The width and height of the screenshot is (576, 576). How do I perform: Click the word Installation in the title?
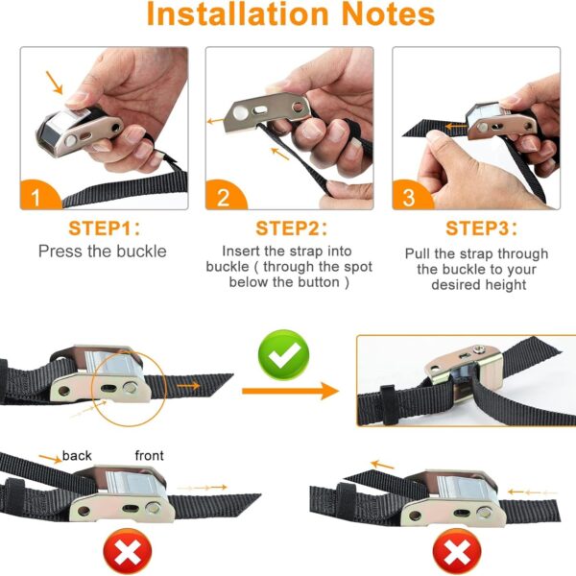[237, 13]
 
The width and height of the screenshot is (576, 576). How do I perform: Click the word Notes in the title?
[388, 13]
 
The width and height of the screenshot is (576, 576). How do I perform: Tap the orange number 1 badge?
[39, 196]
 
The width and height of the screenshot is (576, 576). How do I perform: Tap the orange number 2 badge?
[225, 196]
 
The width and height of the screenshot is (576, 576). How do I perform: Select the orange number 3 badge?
[412, 196]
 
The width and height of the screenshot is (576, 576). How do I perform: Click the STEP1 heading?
[104, 228]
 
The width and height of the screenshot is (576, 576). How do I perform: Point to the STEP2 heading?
[291, 228]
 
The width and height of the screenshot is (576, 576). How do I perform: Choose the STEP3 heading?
[481, 228]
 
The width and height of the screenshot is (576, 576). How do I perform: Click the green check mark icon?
[283, 355]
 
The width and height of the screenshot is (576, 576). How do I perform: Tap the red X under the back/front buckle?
[128, 552]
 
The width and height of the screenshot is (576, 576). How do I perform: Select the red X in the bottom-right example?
[457, 552]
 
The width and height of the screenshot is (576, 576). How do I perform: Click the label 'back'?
[77, 455]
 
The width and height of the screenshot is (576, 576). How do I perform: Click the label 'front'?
[149, 455]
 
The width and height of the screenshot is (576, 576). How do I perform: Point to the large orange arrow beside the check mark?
[290, 391]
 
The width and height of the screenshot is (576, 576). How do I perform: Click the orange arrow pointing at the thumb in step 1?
[55, 83]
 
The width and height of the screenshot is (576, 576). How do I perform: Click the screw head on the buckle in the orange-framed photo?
[478, 349]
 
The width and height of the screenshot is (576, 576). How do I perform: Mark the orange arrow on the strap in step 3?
[456, 127]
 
